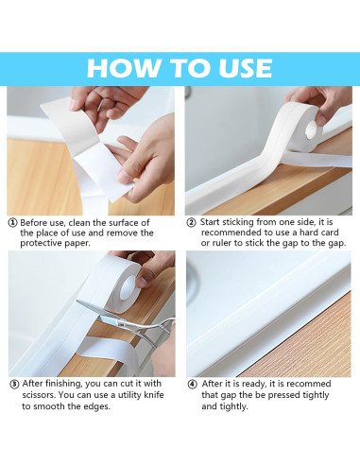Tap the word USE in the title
coord(237,68)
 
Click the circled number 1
coord(13,222)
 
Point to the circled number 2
coord(191,222)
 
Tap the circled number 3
coord(13,385)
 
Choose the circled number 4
coord(191,385)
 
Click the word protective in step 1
coord(43,244)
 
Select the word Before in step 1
coord(38,222)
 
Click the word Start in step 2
coord(214,222)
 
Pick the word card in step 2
coord(334,232)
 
